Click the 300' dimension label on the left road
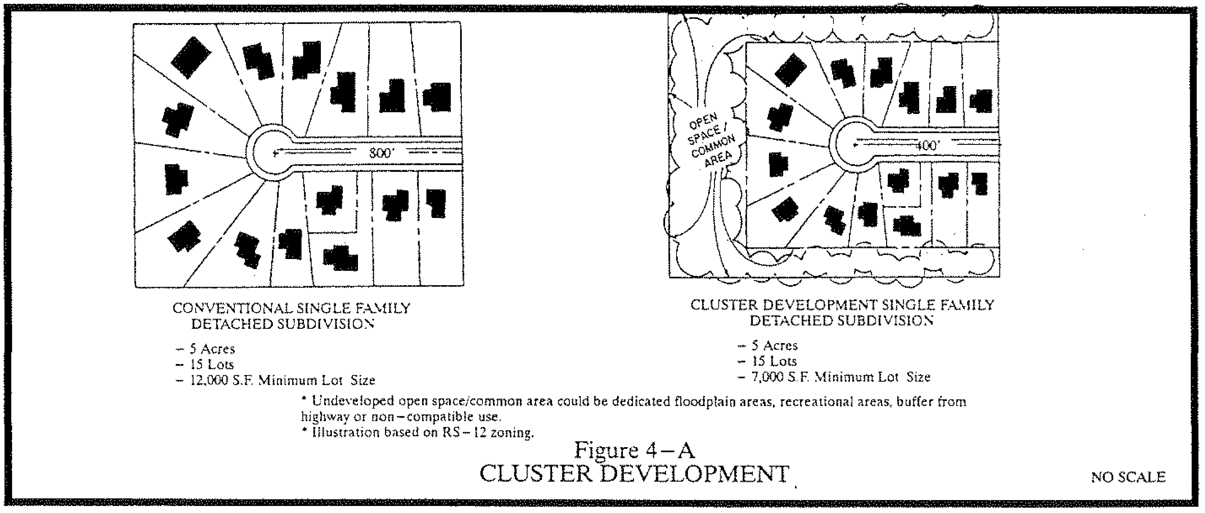click(x=380, y=153)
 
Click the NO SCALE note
click(x=1128, y=477)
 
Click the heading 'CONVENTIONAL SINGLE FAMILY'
click(x=291, y=308)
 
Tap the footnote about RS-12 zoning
click(x=423, y=433)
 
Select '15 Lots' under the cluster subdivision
click(x=774, y=361)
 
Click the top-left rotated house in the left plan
click(x=191, y=57)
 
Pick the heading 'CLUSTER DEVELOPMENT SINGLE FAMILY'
click(x=842, y=305)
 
